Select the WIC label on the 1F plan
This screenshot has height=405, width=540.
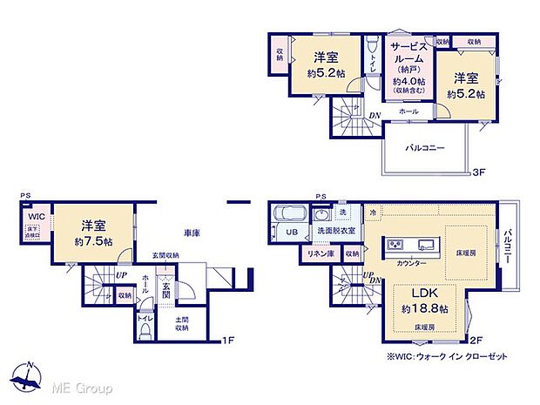pyautogui.click(x=36, y=215)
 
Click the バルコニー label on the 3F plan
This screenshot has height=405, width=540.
pyautogui.click(x=425, y=148)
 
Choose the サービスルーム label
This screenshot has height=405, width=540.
pyautogui.click(x=407, y=57)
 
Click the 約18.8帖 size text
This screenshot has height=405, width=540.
pyautogui.click(x=424, y=309)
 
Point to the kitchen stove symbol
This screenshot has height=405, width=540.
pyautogui.click(x=391, y=243)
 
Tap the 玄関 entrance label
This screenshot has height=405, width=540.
pyautogui.click(x=165, y=289)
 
